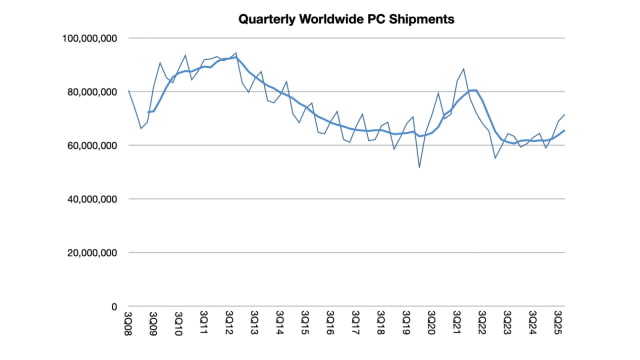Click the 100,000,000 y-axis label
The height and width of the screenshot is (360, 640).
[x=85, y=38]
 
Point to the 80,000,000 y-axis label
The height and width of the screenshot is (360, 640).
[x=88, y=92]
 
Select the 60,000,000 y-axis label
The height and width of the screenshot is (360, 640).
[x=88, y=145]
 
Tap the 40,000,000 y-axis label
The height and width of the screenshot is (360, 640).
[x=88, y=199]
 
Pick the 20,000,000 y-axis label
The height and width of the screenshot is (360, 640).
[x=88, y=253]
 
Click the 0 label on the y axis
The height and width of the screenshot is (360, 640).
[x=115, y=306]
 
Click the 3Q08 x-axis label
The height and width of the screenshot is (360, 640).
[x=127, y=326]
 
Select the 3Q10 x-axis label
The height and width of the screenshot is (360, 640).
[x=178, y=326]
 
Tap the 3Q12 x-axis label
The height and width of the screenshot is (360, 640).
[x=229, y=326]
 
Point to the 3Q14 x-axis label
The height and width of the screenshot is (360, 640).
[x=280, y=326]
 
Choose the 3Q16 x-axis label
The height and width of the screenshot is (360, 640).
[x=331, y=326]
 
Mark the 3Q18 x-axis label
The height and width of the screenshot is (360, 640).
[x=381, y=326]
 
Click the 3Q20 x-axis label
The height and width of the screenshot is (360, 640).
[x=432, y=326]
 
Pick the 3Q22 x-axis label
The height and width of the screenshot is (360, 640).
[x=483, y=326]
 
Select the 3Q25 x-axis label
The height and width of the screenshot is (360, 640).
[x=559, y=326]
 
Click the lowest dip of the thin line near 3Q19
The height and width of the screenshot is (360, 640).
[x=419, y=167]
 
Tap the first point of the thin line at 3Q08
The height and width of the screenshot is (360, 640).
[x=128, y=91]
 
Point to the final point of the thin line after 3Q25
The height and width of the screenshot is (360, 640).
[x=565, y=115]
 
